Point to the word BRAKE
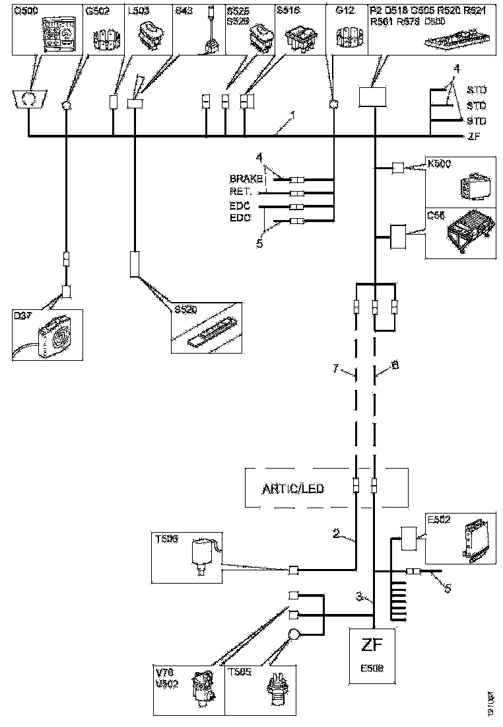click(x=246, y=179)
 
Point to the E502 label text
click(x=439, y=519)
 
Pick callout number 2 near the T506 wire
click(x=336, y=534)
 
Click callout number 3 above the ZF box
click(x=360, y=596)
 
